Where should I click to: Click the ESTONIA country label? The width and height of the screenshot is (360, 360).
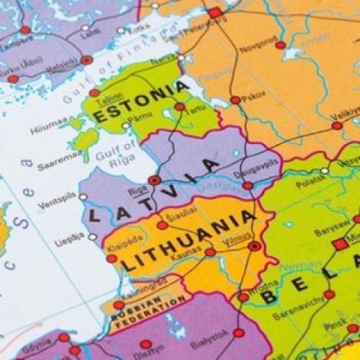[x=142, y=102]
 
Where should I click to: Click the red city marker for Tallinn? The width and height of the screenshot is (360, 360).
[x=94, y=93]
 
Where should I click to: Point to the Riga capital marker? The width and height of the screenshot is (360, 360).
[x=154, y=180]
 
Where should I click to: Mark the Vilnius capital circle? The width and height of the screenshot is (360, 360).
[x=254, y=246]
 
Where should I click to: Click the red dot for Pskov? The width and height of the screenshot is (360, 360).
[x=235, y=100]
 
